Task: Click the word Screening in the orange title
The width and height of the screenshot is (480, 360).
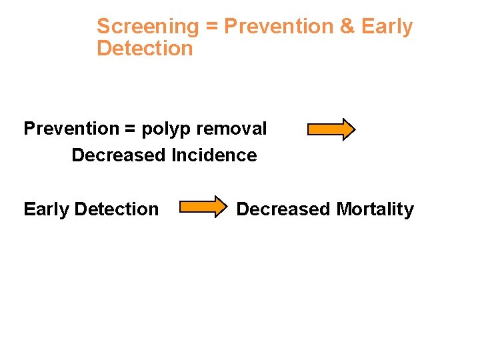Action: coord(147,27)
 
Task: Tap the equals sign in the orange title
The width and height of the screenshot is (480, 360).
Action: coord(211,27)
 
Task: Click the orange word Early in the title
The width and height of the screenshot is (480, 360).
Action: coord(387,27)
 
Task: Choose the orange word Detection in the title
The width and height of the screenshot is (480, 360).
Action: coord(145,49)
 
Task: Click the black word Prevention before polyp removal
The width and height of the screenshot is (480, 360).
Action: coord(70,129)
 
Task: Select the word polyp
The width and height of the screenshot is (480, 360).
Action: coord(165,129)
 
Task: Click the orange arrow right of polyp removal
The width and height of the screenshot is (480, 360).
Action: coord(331,129)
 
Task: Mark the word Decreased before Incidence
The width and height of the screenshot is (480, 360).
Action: coord(119,155)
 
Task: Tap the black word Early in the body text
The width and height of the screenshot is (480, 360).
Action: coord(46,209)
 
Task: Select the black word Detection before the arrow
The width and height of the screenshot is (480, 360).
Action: coord(117,209)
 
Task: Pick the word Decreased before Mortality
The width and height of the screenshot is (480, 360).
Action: coord(283,209)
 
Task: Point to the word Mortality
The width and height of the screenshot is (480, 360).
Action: coord(375,209)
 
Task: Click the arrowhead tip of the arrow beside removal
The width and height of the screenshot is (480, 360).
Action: coord(354,129)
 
